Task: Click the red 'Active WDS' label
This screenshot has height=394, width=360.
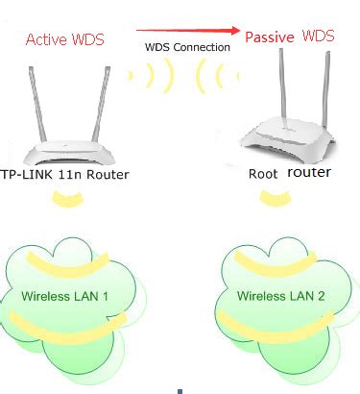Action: [x=65, y=39]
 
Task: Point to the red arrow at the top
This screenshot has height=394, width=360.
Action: [x=188, y=30]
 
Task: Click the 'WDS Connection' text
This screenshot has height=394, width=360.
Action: [x=187, y=46]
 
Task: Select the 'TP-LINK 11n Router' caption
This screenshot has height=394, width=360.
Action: [x=64, y=174]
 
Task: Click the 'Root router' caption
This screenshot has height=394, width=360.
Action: [x=288, y=173]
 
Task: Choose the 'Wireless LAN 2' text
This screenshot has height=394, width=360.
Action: [x=279, y=294]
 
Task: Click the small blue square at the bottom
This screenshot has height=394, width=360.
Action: [x=180, y=390]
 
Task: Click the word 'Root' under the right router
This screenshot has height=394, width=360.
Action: [x=262, y=173]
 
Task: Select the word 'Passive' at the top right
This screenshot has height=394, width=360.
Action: [x=269, y=37]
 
